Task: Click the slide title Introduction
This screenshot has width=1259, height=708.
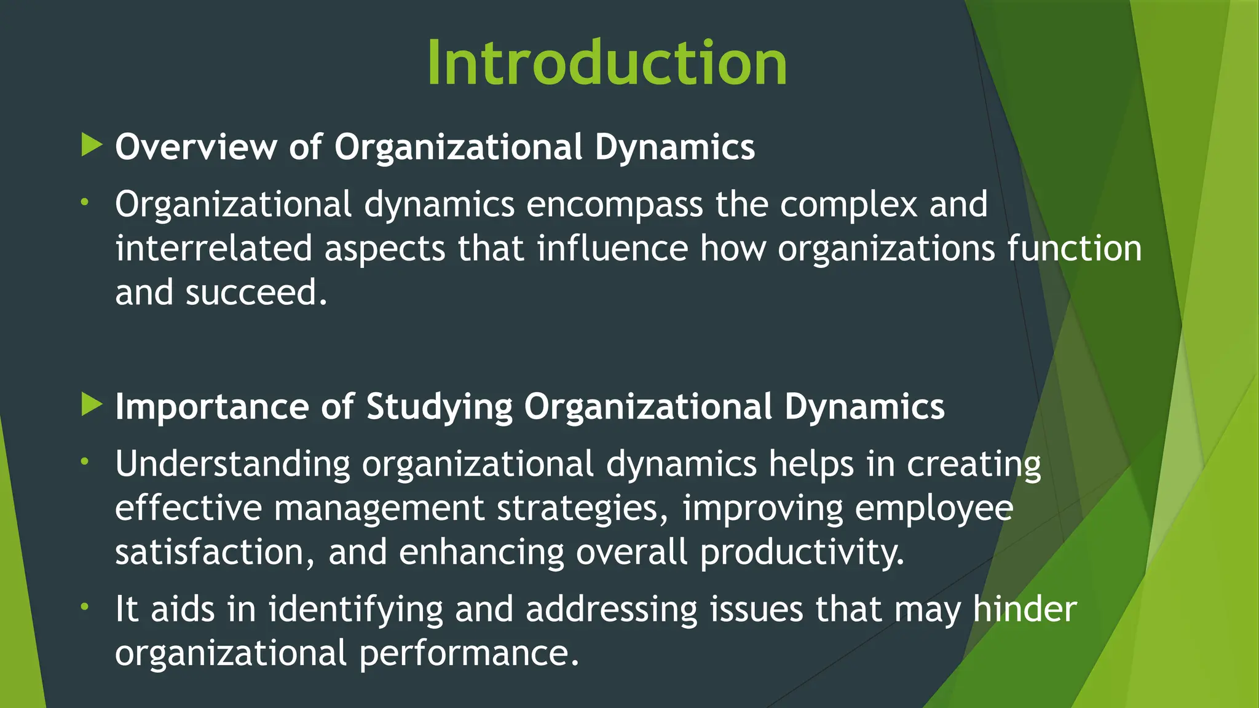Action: click(607, 63)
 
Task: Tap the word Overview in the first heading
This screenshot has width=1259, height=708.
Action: click(195, 147)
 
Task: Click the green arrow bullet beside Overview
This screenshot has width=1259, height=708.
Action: click(92, 146)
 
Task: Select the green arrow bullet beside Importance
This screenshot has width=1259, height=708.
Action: click(92, 405)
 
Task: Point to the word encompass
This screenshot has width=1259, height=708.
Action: click(614, 205)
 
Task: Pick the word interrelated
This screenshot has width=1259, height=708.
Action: click(213, 249)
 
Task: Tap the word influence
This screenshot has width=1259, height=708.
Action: click(612, 249)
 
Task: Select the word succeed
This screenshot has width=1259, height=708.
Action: click(256, 293)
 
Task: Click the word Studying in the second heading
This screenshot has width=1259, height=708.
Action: click(439, 407)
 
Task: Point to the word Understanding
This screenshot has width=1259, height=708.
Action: click(232, 464)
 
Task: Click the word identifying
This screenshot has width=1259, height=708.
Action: click(355, 610)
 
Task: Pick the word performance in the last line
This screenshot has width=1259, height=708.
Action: click(469, 653)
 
